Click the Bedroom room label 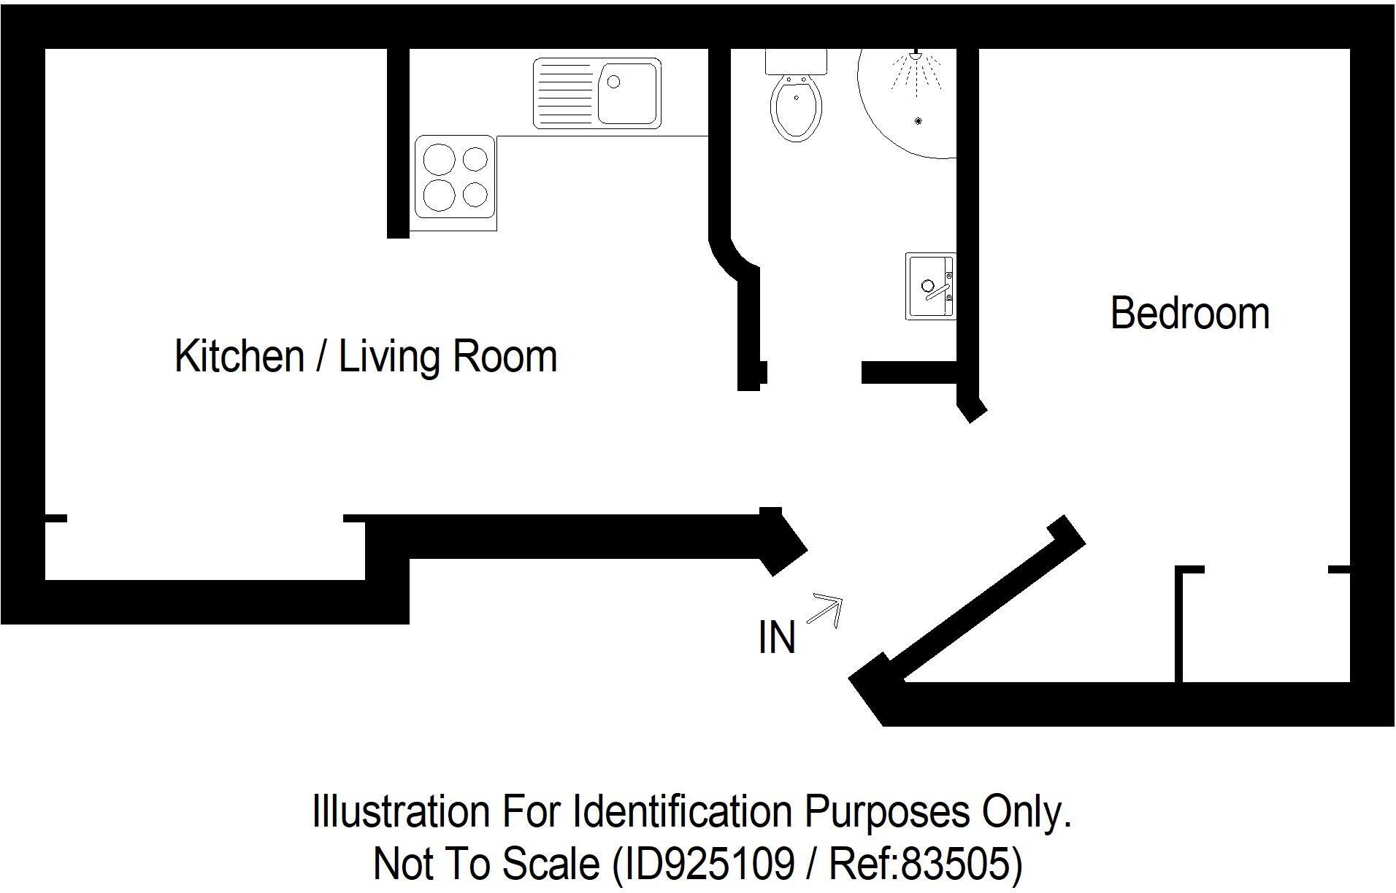click(1189, 314)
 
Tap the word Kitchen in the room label click(239, 356)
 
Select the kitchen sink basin click(628, 93)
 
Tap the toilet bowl click(796, 109)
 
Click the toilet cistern click(796, 61)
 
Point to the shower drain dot click(918, 121)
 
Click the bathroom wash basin click(929, 286)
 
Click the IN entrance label click(776, 638)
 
